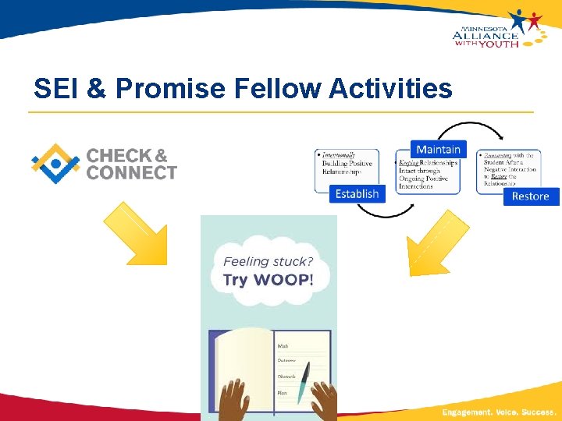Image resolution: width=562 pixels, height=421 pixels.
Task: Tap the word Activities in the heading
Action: click(x=390, y=89)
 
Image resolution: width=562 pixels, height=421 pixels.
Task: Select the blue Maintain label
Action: click(x=438, y=150)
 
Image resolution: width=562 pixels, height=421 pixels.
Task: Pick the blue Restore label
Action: click(x=530, y=196)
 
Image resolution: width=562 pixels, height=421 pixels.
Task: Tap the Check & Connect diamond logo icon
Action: click(x=55, y=164)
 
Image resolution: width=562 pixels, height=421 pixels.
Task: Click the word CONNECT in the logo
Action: click(x=132, y=173)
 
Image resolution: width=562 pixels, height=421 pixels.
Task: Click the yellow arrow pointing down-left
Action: click(x=438, y=244)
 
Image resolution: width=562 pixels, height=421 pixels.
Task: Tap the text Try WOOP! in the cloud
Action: click(x=268, y=280)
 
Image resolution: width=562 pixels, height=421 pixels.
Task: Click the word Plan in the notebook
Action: click(x=283, y=393)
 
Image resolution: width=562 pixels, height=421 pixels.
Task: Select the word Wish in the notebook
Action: click(x=283, y=345)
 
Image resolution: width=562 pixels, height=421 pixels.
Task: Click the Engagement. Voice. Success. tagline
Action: click(x=499, y=411)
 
